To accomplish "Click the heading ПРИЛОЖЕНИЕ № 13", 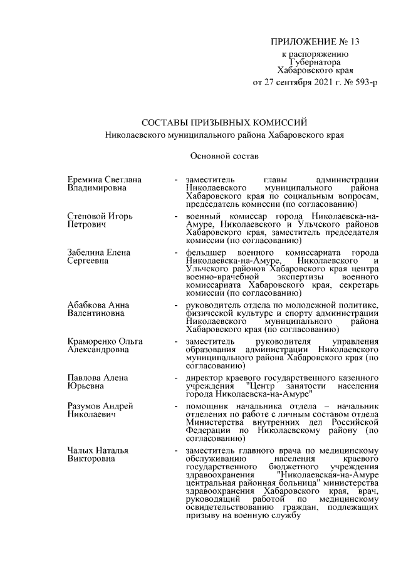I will pos(315,43).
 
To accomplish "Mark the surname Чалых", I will pos(81,450).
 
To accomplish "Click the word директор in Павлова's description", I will pos(204,378).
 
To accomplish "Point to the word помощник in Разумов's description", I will pos(208,406).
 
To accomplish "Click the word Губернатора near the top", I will pos(316,63).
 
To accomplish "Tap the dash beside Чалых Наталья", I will pos(177,450).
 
